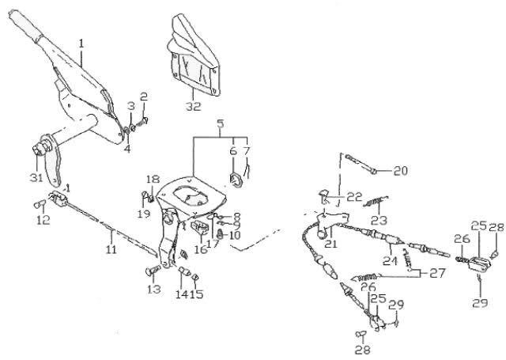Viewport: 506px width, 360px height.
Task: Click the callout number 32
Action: [193, 106]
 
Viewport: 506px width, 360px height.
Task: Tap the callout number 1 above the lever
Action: [81, 44]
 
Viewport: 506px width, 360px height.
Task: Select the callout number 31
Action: [36, 177]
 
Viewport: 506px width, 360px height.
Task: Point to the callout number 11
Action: [111, 249]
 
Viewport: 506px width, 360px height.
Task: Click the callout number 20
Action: [401, 171]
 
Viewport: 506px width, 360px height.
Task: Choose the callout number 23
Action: [379, 221]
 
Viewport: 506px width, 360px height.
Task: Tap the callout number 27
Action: [437, 273]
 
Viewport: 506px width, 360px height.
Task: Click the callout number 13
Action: [154, 290]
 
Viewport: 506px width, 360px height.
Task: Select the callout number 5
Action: [220, 123]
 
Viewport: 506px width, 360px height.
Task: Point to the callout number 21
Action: [330, 244]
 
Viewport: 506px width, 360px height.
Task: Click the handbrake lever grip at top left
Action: [27, 24]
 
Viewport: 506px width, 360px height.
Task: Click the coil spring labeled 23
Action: [376, 202]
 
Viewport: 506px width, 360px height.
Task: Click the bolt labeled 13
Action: [153, 270]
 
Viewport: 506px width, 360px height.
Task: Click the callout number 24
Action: [390, 261]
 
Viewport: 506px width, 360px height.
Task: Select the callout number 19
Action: [144, 214]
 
